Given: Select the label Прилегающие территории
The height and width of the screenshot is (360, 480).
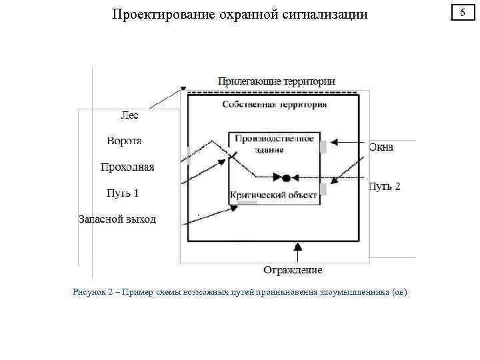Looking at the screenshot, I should [x=276, y=81].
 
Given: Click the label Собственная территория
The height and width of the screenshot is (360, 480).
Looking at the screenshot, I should [x=275, y=105].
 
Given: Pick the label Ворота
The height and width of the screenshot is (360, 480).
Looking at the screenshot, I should [x=124, y=141].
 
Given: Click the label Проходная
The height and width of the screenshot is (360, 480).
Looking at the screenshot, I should [x=127, y=167].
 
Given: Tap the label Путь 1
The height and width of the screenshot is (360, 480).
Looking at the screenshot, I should [x=123, y=193].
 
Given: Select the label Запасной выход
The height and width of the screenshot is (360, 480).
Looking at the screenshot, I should [x=117, y=219].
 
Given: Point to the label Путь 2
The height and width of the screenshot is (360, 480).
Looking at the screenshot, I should [x=385, y=186].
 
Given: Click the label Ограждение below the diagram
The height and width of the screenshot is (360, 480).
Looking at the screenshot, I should [x=293, y=270].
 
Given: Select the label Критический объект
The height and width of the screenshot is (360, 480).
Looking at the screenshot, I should [x=273, y=195].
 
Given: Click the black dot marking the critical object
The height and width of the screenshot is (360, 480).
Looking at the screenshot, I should [x=286, y=178].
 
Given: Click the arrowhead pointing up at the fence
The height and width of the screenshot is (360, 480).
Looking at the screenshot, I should [x=297, y=247].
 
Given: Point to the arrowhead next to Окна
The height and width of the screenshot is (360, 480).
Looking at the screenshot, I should [x=335, y=141].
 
